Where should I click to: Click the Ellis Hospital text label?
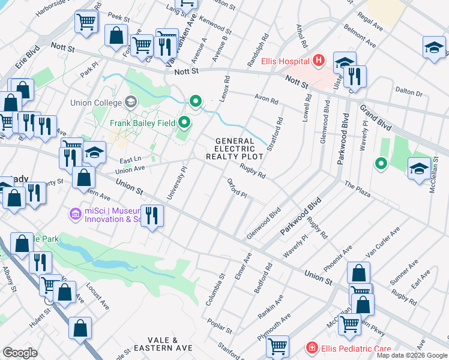coord(285,62)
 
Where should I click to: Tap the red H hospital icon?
coord(318,61)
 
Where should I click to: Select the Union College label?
coord(93,103)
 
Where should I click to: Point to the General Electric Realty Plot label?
coord(235,149)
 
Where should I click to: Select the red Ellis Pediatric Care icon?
coord(312,348)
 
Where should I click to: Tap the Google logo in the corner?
coord(20,353)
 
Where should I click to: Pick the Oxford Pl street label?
coord(237,188)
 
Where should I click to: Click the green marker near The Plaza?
coord(381,163)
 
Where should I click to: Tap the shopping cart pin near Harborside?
coord(86,22)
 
